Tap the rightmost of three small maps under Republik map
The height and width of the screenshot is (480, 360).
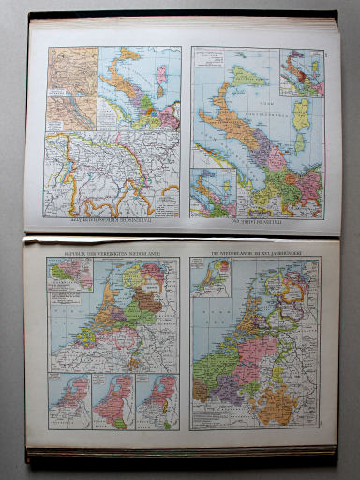click(157, 402)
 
